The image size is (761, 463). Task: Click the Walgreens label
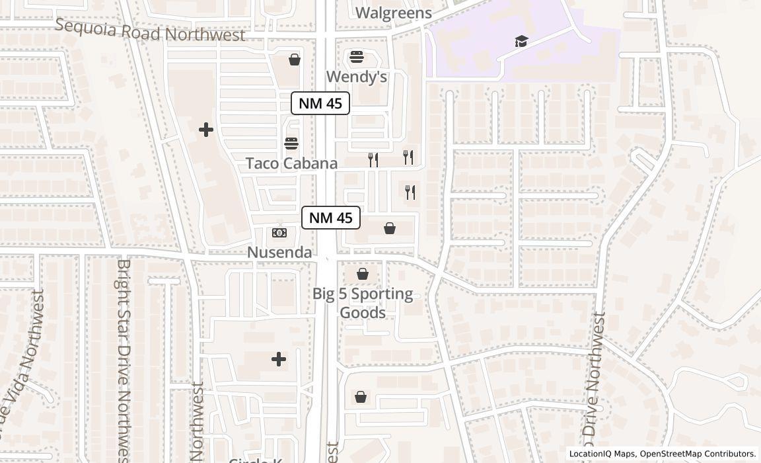[x=393, y=13]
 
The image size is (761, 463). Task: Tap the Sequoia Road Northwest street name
[x=150, y=30]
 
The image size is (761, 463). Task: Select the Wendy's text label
[x=357, y=77]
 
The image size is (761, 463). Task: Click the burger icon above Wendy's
[x=357, y=57]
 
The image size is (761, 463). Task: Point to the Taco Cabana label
[x=291, y=163]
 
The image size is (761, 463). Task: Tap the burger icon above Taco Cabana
[x=291, y=144]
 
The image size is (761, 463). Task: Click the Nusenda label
[x=279, y=252]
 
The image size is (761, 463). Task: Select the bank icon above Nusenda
[x=279, y=233]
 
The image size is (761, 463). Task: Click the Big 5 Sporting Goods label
[x=363, y=303]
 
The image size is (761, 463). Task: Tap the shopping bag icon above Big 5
[x=363, y=274]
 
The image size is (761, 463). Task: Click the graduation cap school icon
[x=522, y=42]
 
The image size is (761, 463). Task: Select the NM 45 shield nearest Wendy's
[x=320, y=103]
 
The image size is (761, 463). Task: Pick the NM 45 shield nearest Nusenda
[x=331, y=218]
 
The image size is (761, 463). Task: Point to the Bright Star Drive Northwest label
[x=124, y=360]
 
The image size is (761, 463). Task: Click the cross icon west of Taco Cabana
[x=206, y=130]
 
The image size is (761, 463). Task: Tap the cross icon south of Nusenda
[x=279, y=359]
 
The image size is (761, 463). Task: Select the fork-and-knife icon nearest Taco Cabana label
[x=373, y=159]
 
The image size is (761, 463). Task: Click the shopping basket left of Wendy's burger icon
[x=295, y=60]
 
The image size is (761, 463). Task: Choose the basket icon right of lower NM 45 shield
[x=390, y=229]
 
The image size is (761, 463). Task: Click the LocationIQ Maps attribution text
[x=602, y=454]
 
